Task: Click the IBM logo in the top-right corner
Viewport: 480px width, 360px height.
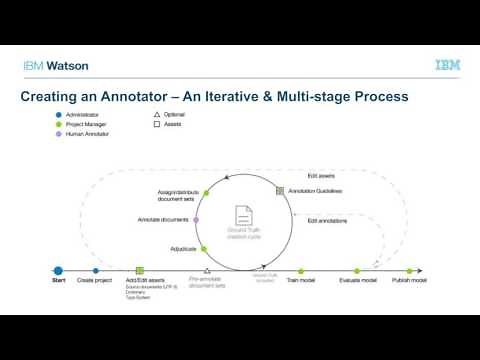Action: (x=448, y=65)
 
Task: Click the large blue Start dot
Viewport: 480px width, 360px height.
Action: (x=58, y=270)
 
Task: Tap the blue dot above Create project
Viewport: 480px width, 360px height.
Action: (x=96, y=270)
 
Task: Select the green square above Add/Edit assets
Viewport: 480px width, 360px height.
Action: (x=140, y=270)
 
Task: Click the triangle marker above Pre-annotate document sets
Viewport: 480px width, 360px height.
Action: (x=207, y=270)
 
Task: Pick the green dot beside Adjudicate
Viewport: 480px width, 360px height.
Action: (x=203, y=249)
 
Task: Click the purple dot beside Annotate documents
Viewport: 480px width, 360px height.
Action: (x=196, y=220)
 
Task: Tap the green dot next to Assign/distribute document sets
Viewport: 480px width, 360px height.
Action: (x=206, y=191)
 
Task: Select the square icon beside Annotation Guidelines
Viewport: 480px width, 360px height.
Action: (x=280, y=190)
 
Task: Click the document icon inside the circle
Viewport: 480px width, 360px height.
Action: (x=243, y=215)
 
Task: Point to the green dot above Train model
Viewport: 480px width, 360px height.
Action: (x=301, y=270)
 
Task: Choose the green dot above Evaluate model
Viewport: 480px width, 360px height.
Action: (x=356, y=270)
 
